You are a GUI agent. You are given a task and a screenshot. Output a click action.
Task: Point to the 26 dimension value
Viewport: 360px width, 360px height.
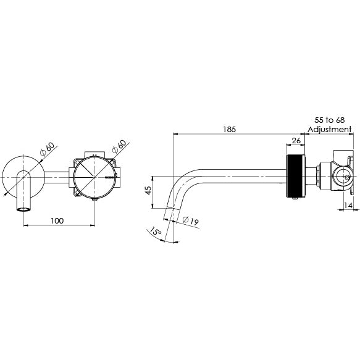coord(296,141)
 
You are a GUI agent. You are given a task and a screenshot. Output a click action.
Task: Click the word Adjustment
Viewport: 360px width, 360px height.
coord(330,130)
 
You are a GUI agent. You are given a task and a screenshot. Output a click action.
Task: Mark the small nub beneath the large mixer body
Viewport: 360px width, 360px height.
coord(94,198)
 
